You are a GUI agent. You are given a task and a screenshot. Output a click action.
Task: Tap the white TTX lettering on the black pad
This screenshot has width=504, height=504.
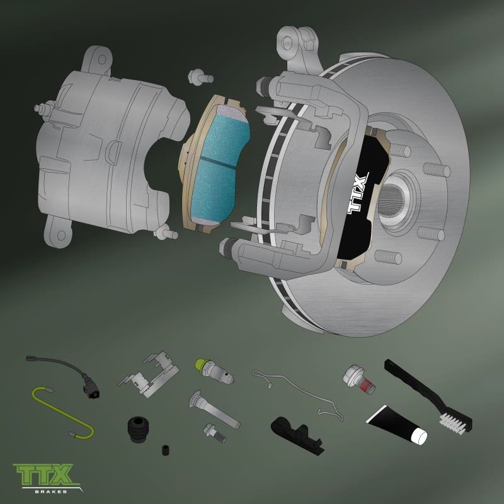[358, 193]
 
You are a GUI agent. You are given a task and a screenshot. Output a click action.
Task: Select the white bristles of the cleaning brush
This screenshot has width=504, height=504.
[452, 424]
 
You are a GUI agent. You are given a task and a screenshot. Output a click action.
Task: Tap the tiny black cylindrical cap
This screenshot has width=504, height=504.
[165, 450]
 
